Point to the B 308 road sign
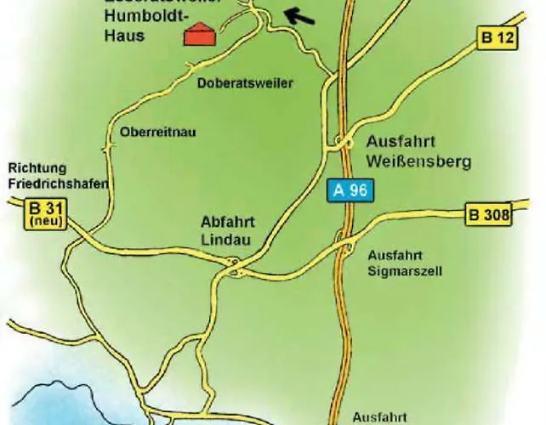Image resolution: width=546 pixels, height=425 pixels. (489, 215)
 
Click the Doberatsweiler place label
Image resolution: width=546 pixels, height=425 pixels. (244, 83)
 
